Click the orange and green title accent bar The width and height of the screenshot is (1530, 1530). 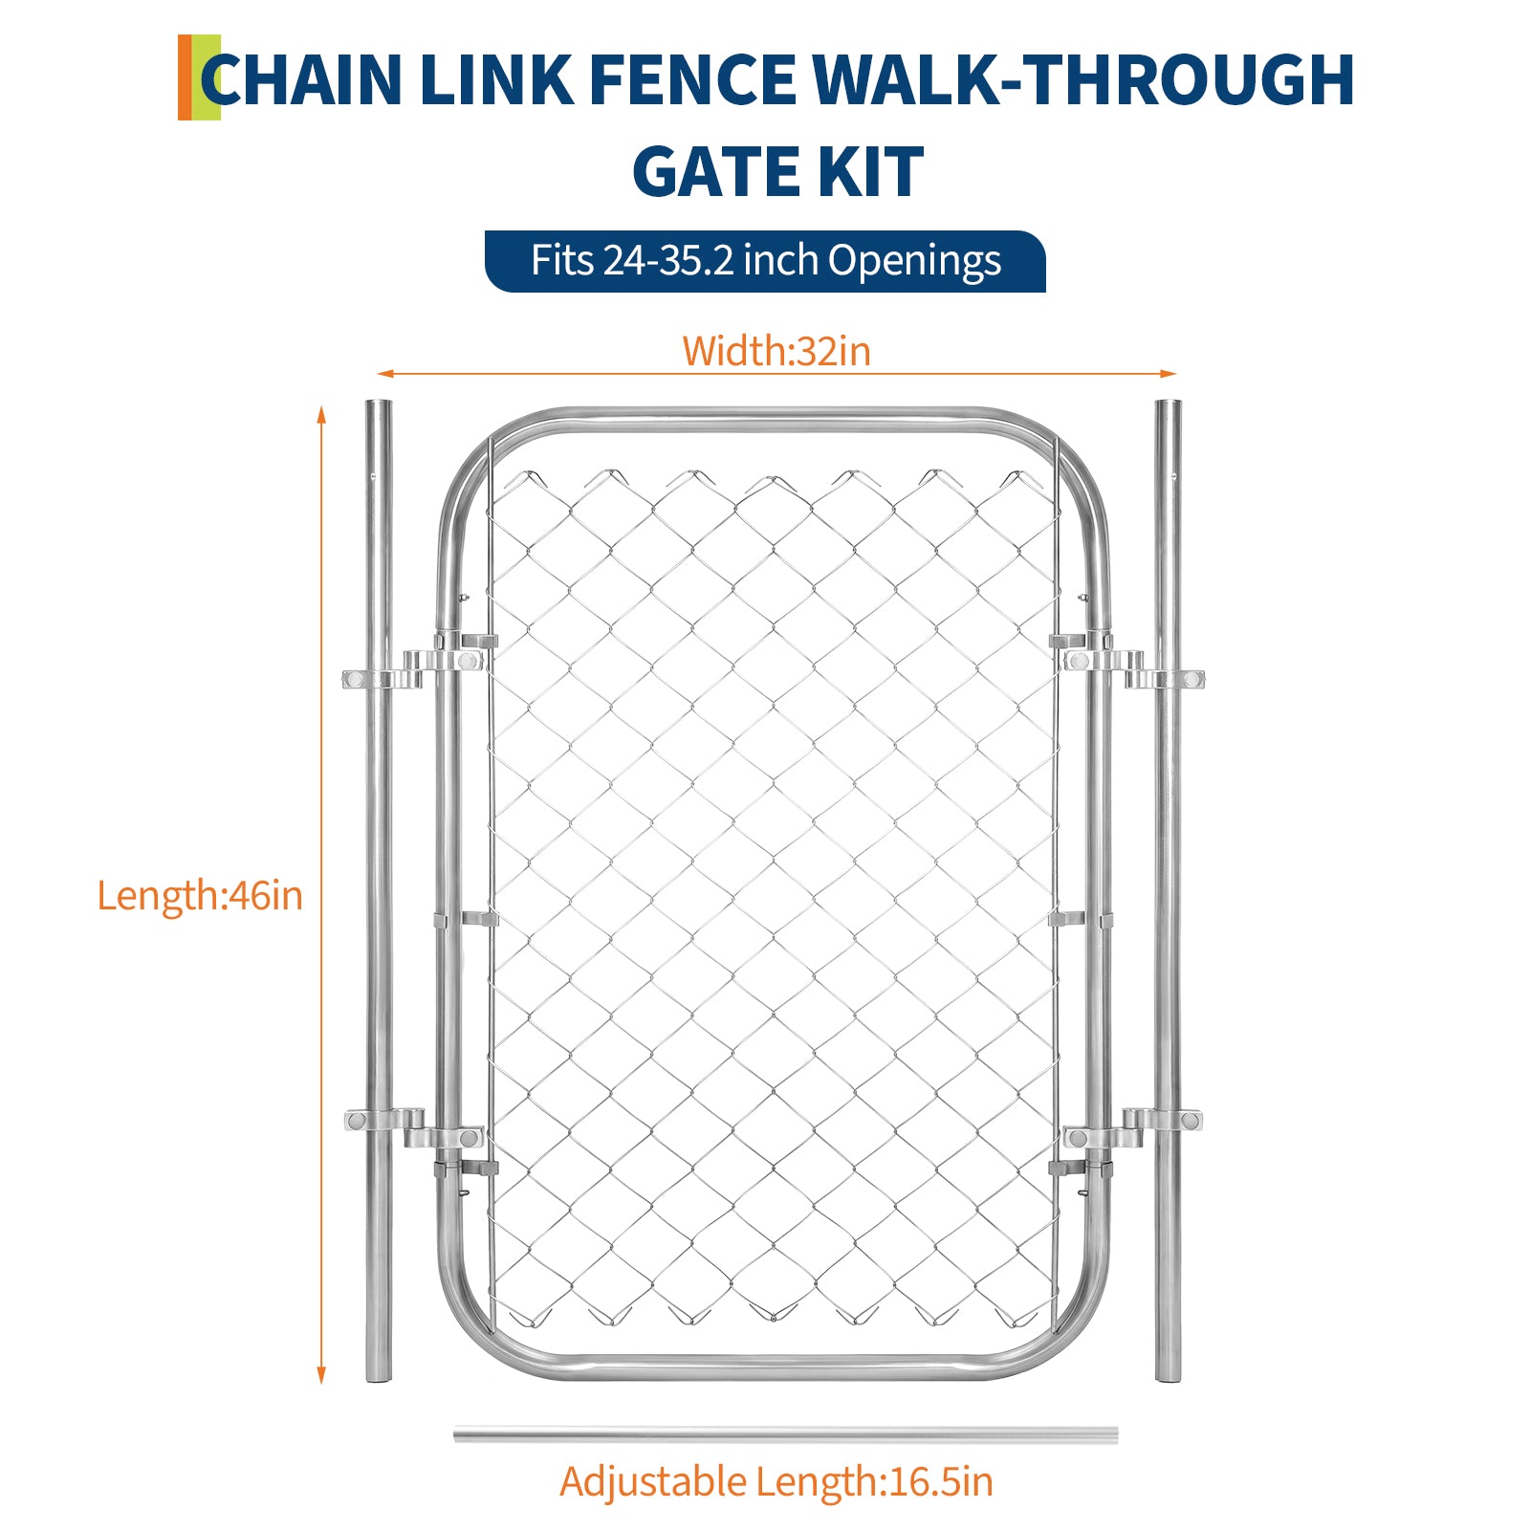(199, 77)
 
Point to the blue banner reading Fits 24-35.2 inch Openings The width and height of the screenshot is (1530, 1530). (765, 261)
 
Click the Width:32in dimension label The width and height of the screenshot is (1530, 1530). (776, 351)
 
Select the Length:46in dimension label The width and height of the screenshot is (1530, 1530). (200, 896)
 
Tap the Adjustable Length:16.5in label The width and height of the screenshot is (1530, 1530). (776, 1482)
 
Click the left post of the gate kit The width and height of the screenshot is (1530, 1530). (379, 889)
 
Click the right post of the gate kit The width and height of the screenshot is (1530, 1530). (1168, 889)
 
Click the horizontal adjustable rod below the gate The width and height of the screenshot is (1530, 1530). (785, 1434)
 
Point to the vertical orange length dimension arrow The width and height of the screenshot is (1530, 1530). (321, 894)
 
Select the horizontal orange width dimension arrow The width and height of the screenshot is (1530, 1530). (776, 373)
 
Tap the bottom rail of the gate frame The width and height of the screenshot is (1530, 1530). (775, 1365)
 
